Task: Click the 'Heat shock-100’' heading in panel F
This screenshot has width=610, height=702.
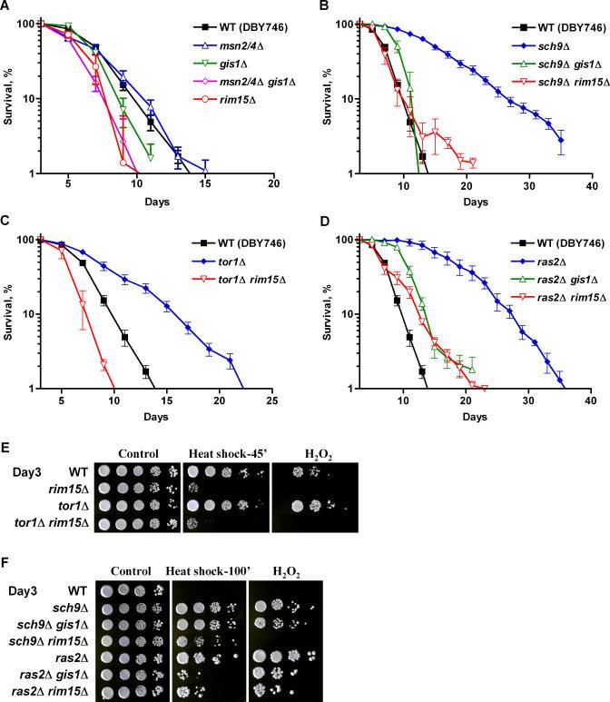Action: (x=209, y=571)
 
